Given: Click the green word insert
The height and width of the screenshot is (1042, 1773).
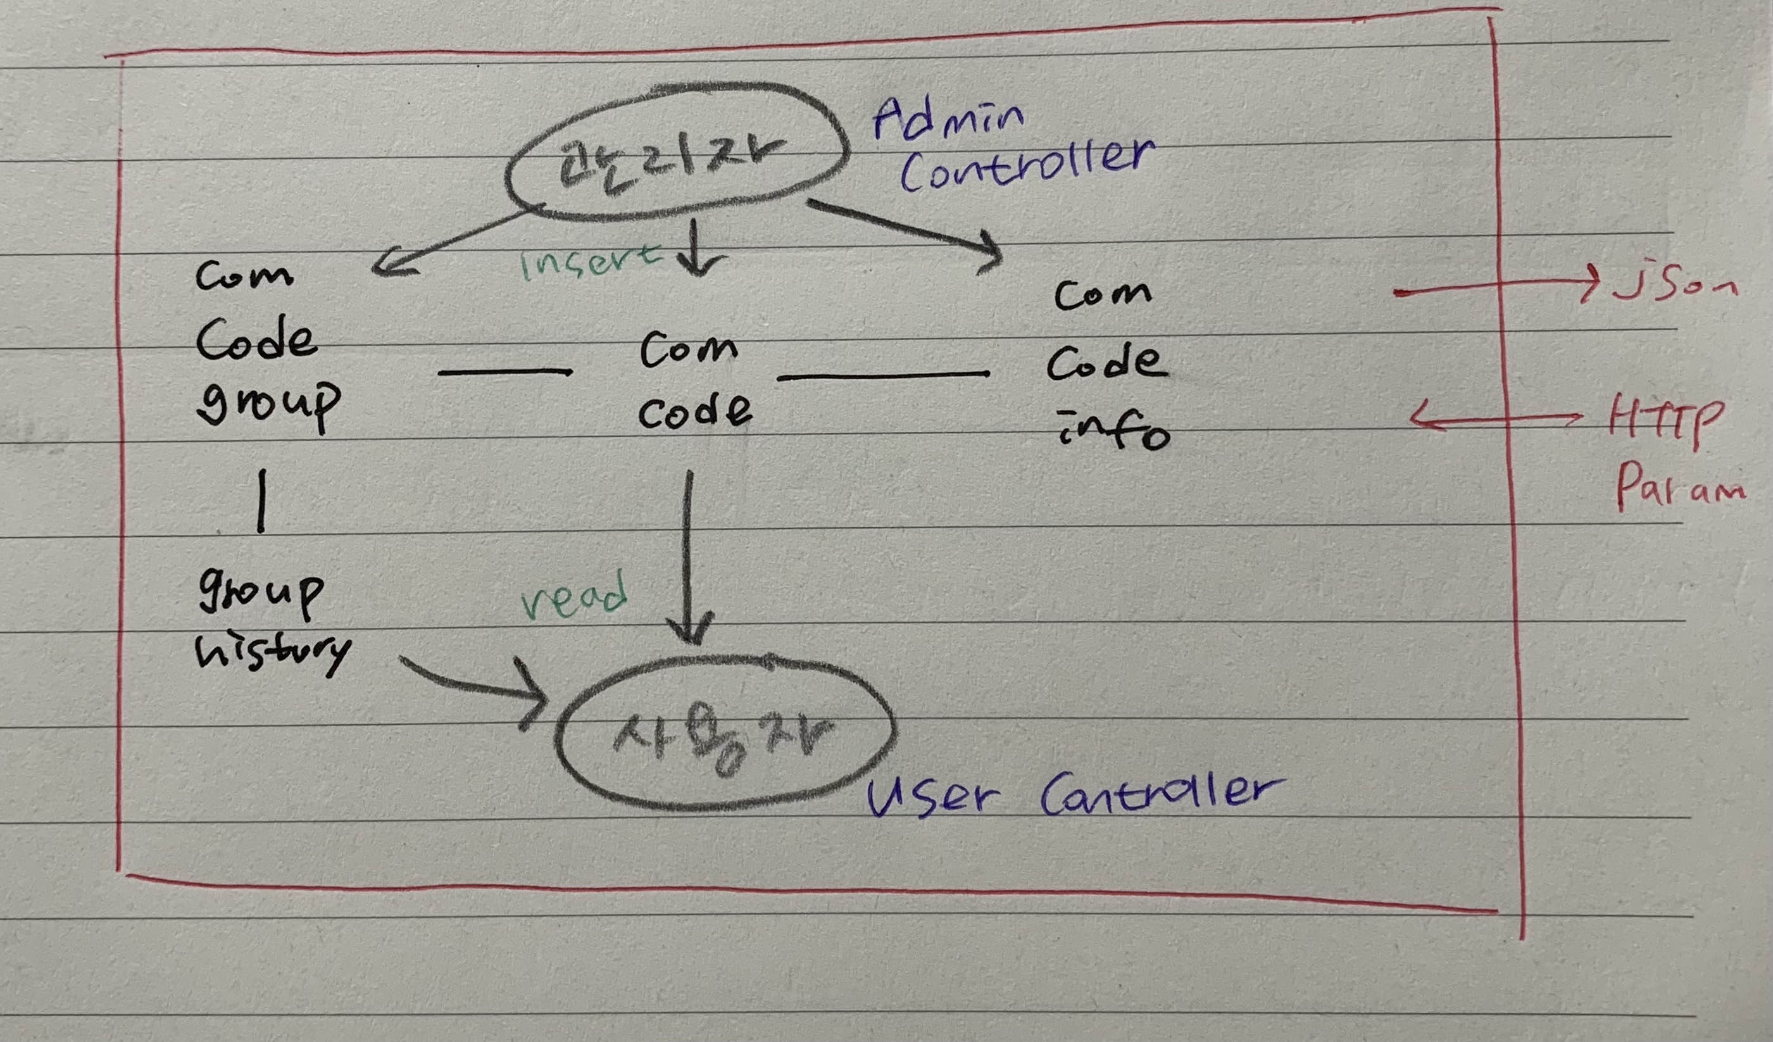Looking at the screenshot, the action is coord(589,263).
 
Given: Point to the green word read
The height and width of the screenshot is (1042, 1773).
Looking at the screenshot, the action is coord(573,596).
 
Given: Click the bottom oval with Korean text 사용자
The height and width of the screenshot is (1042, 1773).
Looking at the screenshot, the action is coord(725,733).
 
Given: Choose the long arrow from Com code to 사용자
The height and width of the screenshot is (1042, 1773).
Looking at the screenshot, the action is coord(689,556).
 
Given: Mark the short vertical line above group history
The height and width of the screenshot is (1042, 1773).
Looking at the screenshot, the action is coord(261,500).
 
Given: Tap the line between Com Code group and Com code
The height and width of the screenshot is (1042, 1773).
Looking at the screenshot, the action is coord(504,372).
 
